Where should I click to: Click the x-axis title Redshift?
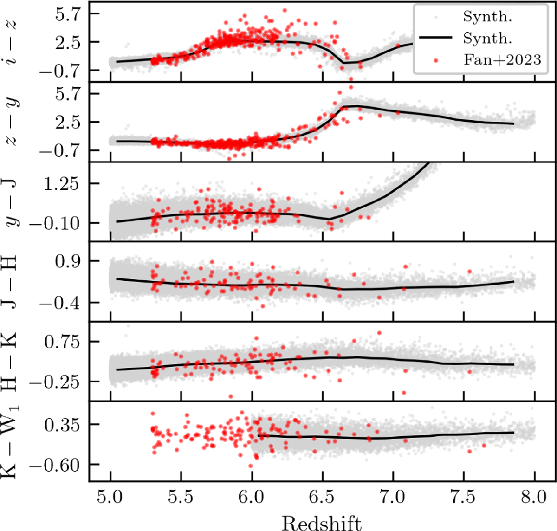coord(322,523)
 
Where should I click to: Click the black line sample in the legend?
coord(435,37)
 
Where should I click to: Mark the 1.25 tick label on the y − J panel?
coord(60,184)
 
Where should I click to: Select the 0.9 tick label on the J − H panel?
coord(67,261)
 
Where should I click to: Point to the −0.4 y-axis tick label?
coord(59,303)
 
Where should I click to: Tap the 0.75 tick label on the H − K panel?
coord(61,342)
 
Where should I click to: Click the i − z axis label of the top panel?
coord(11,43)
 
